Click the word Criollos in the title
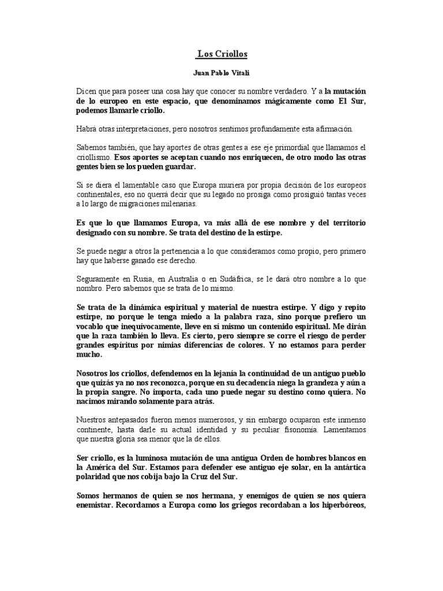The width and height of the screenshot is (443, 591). coord(230,54)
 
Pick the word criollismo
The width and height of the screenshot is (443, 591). coord(93,157)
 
